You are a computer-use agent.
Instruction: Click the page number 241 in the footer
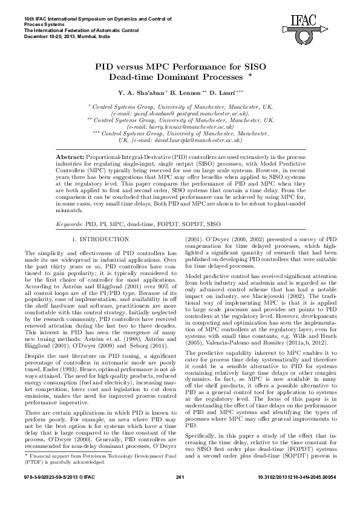[x=180, y=495]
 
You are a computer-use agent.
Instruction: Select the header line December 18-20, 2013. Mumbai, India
[x=67, y=37]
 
